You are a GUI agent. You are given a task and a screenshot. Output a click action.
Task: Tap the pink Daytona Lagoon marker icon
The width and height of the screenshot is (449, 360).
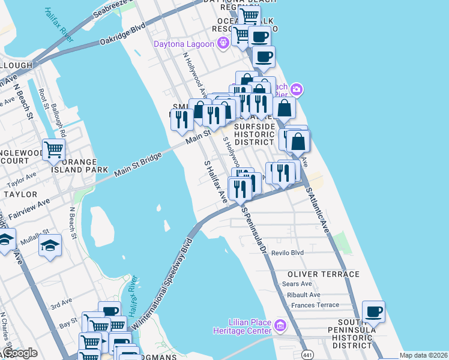tap(223, 43)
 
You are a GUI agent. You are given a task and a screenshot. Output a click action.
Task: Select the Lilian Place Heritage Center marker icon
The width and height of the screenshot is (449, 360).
tap(280, 326)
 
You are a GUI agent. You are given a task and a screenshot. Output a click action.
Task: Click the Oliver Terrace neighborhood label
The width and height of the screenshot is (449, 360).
tap(323, 274)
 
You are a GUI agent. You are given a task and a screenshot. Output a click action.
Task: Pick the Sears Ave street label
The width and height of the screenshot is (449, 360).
tap(297, 284)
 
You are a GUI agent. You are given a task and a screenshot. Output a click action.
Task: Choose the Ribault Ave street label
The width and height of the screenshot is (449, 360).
tap(303, 295)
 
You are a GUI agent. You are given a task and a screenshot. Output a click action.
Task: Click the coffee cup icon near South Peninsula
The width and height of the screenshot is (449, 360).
tap(373, 311)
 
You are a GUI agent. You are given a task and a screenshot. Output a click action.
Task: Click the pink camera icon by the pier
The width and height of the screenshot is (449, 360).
tap(296, 90)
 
